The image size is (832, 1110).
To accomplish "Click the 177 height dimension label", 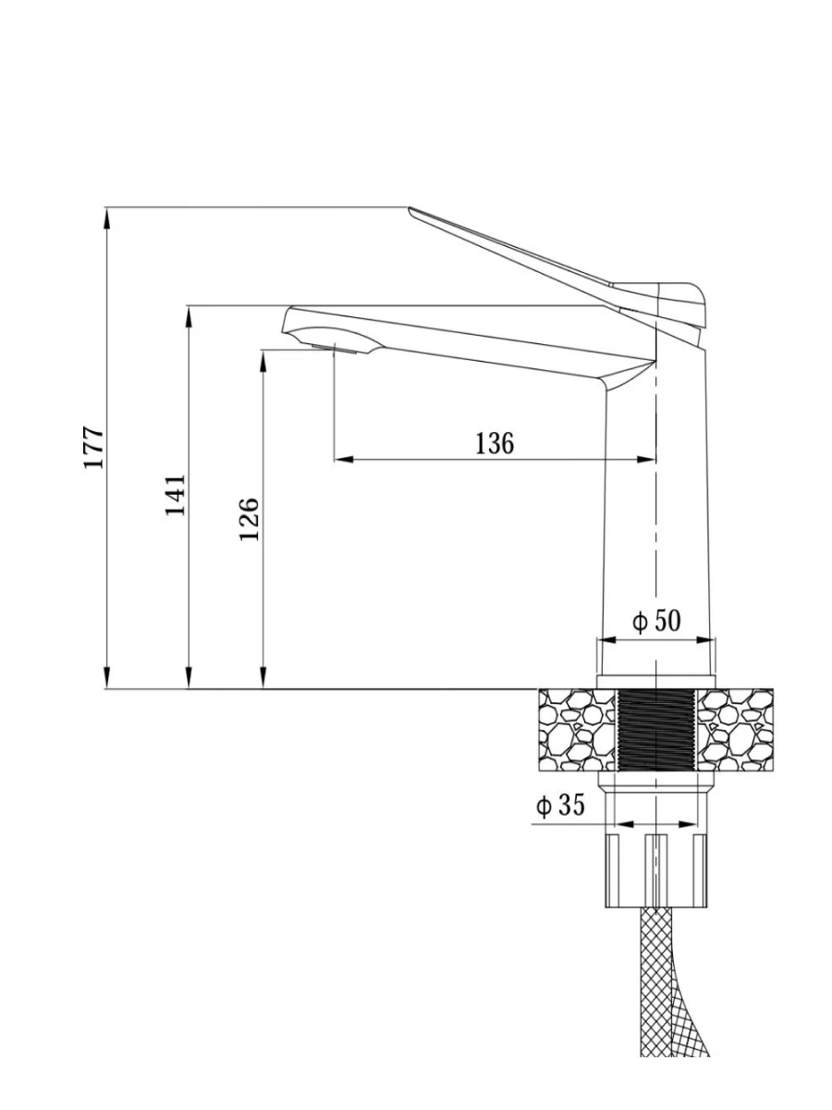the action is tap(94, 448).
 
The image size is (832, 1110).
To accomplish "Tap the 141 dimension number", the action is tap(176, 495).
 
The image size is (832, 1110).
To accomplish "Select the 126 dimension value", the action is tap(249, 519).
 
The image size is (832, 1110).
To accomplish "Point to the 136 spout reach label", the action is tap(495, 443).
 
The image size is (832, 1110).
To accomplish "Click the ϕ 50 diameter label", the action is tap(656, 621).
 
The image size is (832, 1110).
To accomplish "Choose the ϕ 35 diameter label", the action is tap(560, 805).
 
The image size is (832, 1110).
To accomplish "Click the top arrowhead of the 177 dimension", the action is tap(106, 217).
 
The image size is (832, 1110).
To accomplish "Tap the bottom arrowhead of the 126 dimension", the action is tap(263, 679).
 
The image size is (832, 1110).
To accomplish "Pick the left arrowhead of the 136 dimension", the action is tap(344, 459).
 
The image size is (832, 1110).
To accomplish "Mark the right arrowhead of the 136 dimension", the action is tap(645, 459).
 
